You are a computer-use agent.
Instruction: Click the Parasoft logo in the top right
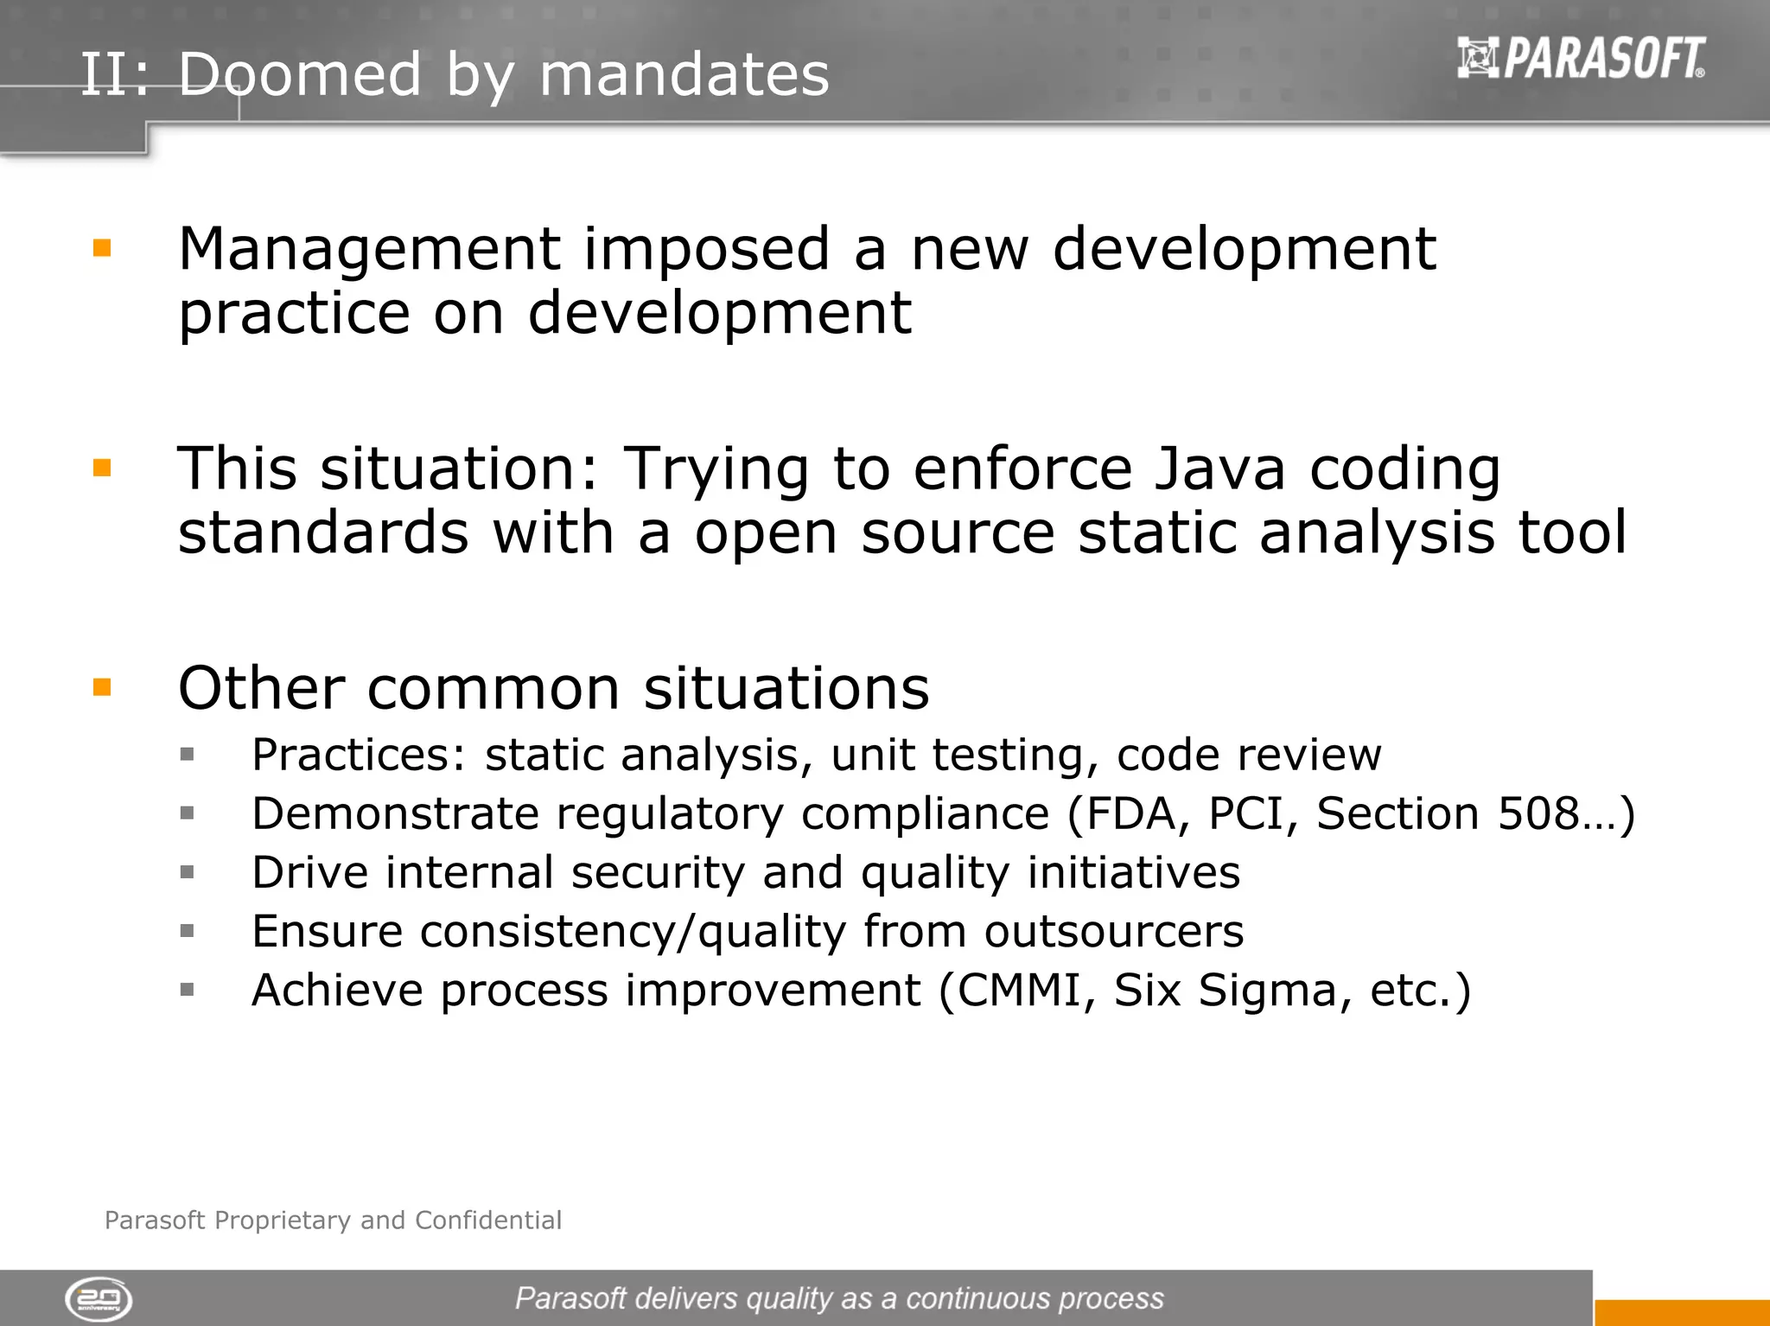(x=1581, y=58)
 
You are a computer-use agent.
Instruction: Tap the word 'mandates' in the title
(x=684, y=74)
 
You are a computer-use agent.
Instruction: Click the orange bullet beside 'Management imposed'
(x=102, y=249)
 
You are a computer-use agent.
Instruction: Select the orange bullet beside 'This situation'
(x=102, y=469)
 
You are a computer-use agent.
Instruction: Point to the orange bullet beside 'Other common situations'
(x=102, y=688)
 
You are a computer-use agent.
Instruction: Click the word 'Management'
(x=369, y=251)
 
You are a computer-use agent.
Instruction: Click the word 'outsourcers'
(x=1113, y=932)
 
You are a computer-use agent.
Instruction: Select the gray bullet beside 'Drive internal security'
(x=187, y=872)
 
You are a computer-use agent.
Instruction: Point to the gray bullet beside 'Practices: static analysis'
(x=187, y=755)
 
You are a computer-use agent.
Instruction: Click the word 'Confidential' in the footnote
(x=488, y=1221)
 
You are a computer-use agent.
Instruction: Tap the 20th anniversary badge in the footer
(x=99, y=1299)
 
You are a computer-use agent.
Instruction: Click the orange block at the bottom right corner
(x=1681, y=1312)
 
